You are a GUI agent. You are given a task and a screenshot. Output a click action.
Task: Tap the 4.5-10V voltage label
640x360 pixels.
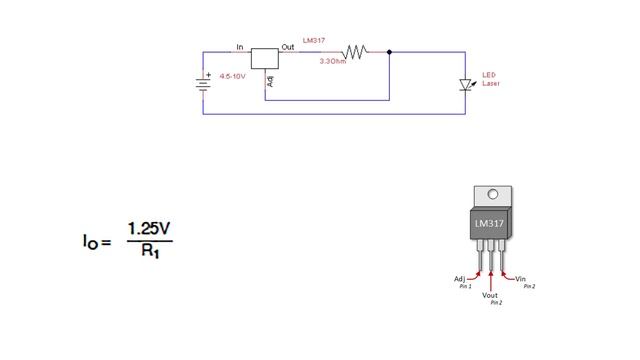pos(232,76)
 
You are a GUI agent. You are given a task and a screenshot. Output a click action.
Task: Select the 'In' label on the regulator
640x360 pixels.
pos(240,47)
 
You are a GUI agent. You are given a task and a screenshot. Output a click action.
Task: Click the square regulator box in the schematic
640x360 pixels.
pos(264,58)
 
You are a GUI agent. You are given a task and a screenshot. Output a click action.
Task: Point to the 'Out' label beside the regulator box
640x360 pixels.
pos(287,47)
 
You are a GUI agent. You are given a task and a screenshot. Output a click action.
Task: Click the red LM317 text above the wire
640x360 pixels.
pos(313,41)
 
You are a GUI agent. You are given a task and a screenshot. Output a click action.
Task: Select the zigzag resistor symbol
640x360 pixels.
pos(355,52)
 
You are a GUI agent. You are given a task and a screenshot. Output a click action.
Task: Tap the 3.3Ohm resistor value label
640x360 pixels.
pos(332,62)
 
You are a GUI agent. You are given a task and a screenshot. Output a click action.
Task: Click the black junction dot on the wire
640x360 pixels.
pos(389,52)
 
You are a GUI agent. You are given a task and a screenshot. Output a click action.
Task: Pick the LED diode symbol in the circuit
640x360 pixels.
pos(465,85)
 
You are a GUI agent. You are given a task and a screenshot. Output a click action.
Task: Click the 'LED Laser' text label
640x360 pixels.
pos(489,79)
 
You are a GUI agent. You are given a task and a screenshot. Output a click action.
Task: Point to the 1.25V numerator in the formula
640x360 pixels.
pos(149,230)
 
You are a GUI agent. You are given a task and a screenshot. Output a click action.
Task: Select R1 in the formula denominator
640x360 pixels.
pos(150,253)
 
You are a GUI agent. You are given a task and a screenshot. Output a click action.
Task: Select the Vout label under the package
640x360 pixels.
pos(490,296)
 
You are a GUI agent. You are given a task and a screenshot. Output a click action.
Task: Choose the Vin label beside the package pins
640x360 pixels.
pos(520,279)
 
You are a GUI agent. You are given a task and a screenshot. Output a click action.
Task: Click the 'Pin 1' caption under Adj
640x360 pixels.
pos(465,286)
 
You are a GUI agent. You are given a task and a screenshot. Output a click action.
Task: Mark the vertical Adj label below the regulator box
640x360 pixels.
pos(269,79)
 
